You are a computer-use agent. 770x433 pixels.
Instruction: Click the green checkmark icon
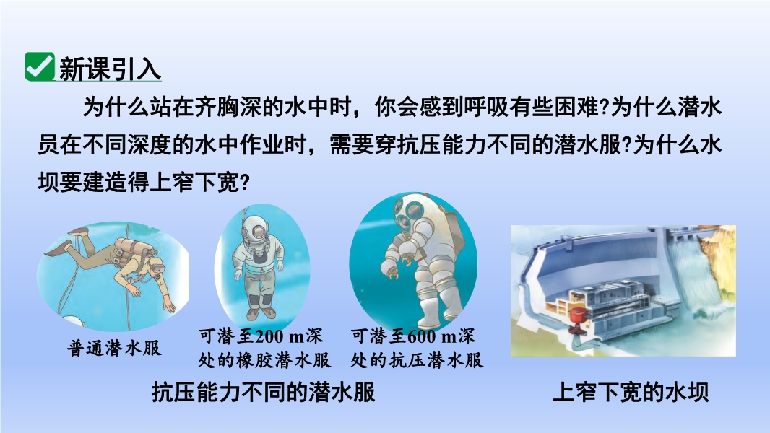tap(39, 66)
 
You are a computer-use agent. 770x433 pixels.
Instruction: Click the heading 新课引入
tap(110, 69)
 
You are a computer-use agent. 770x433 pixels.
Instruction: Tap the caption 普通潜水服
tap(114, 348)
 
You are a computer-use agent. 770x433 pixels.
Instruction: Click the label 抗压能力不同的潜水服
tap(264, 392)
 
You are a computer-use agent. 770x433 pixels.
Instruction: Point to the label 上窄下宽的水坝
tap(631, 392)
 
